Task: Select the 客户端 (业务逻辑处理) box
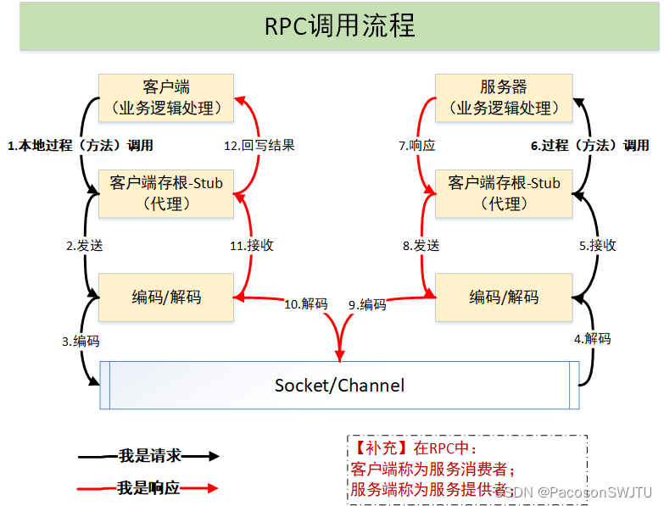166,97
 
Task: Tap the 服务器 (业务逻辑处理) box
503,97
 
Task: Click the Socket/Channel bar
339,386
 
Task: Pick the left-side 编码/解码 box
166,297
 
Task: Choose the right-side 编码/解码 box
504,297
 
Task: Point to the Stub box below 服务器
504,193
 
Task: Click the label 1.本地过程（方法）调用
81,145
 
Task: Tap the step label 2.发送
85,246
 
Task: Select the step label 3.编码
81,342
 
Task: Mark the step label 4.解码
592,338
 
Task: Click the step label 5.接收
597,246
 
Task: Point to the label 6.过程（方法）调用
590,145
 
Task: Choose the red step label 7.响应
416,145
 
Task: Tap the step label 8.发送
421,246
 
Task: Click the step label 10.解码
305,303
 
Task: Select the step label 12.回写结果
259,145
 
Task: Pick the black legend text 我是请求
149,456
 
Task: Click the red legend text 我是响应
149,488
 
